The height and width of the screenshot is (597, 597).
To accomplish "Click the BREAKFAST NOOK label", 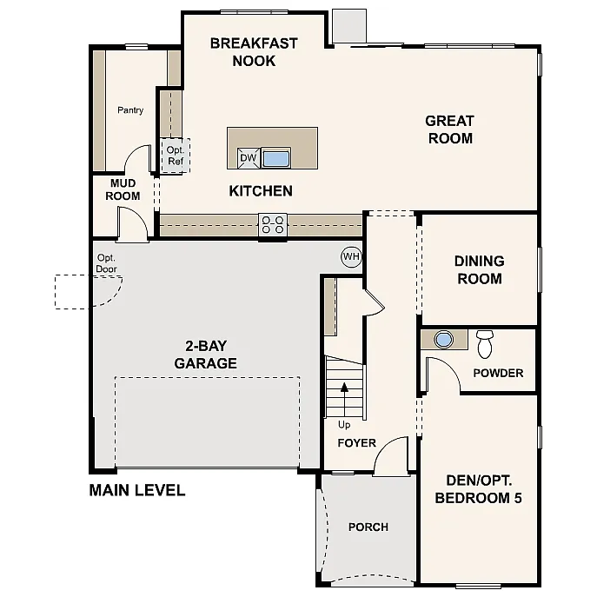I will [254, 52].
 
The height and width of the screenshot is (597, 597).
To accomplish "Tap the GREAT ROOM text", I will [449, 129].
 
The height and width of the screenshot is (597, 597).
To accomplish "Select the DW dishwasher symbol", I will [248, 158].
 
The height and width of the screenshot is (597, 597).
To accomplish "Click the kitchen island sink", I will [275, 158].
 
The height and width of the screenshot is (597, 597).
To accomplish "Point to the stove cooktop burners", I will [272, 225].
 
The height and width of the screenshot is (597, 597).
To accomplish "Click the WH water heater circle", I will [350, 257].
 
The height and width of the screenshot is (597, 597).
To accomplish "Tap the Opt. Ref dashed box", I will [176, 156].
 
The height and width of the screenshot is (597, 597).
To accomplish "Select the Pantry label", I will [130, 110].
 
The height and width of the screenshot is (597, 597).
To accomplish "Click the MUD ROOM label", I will [123, 189].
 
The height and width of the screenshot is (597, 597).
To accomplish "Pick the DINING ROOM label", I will [479, 269].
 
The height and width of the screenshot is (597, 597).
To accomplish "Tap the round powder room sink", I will [444, 339].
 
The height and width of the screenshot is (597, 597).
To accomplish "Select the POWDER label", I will [498, 374].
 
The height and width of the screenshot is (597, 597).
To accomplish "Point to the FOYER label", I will [356, 443].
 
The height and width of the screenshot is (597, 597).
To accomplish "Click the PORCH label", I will [368, 527].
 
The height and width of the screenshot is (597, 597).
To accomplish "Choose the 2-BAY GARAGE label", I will [205, 355].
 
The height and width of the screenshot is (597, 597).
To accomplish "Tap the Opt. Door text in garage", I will [107, 263].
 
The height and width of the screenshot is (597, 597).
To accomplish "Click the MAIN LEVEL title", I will [137, 490].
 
